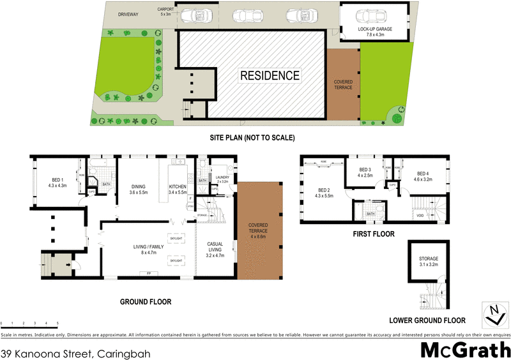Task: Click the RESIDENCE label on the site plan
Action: click(x=270, y=76)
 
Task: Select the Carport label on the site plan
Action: click(x=165, y=11)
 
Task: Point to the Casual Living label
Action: click(x=215, y=248)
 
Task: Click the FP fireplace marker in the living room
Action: click(x=148, y=273)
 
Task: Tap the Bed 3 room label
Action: click(x=365, y=172)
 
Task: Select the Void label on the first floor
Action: click(x=420, y=216)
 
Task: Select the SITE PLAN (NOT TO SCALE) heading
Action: click(x=252, y=138)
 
